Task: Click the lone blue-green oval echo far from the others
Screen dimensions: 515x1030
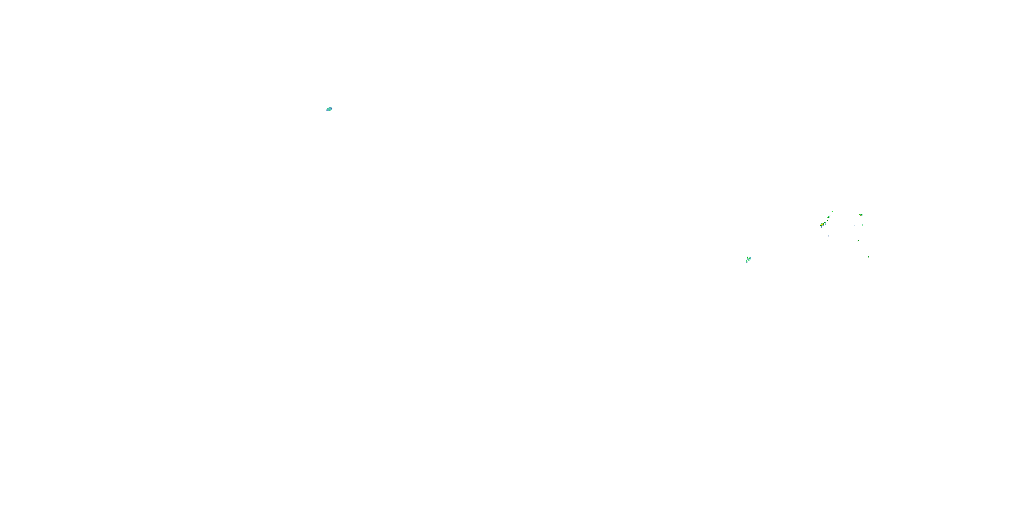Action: click(329, 109)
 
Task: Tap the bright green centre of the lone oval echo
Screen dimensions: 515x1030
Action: click(329, 109)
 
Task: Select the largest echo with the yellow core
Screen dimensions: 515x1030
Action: click(823, 225)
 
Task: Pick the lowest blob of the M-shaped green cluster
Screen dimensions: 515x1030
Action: click(747, 262)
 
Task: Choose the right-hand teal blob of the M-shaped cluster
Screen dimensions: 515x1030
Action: click(750, 259)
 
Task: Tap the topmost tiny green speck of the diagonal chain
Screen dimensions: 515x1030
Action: click(832, 211)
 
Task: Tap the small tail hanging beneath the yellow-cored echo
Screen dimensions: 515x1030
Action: click(822, 228)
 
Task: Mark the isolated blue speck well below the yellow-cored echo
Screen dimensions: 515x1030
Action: click(828, 236)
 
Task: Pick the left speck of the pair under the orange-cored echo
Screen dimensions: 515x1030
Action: click(862, 225)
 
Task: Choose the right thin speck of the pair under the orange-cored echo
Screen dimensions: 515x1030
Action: click(864, 225)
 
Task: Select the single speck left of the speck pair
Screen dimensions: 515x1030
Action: click(855, 226)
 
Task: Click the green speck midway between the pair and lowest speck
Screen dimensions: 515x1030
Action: click(858, 241)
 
